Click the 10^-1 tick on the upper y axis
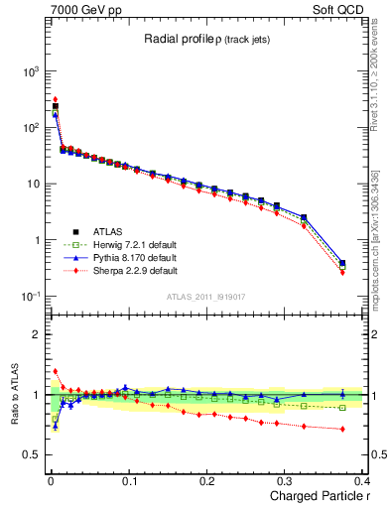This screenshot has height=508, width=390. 30,297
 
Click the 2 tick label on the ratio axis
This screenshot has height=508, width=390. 36,334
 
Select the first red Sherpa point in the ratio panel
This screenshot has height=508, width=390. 56,372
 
